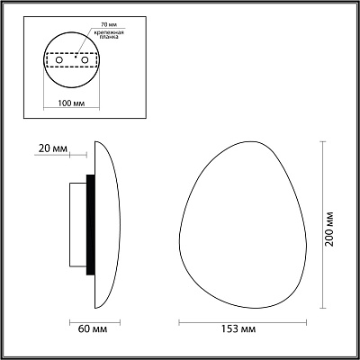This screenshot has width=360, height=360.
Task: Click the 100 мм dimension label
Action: (x=71, y=103)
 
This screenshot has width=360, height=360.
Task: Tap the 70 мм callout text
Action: (x=106, y=23)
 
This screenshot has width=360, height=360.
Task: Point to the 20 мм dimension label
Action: (x=53, y=148)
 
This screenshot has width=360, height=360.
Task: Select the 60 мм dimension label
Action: (x=93, y=329)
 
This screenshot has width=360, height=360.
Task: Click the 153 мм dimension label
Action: (x=238, y=329)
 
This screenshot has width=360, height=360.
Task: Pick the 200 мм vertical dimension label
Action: (x=329, y=229)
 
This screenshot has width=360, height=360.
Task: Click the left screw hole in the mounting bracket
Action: (x=59, y=60)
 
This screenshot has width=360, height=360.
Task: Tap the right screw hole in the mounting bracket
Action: (x=85, y=60)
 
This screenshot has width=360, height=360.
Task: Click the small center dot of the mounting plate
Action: (x=76, y=57)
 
